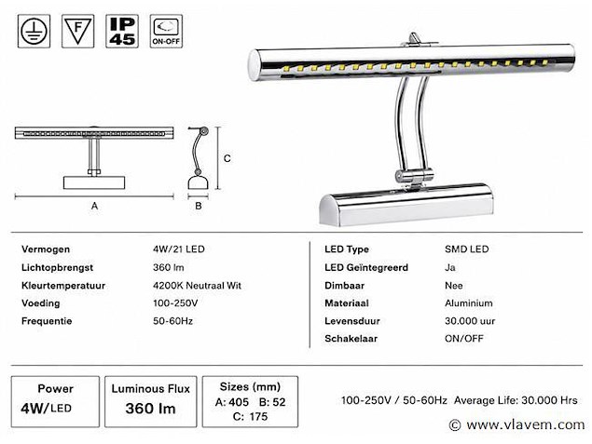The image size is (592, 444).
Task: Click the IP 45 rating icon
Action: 122,32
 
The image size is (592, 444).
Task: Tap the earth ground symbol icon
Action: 34,32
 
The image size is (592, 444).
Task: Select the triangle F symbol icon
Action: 77,32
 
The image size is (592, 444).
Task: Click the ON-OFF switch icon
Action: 166,32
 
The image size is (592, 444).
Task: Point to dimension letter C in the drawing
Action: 227,158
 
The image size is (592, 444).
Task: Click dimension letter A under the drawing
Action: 94,206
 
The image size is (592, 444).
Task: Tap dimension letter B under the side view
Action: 199,206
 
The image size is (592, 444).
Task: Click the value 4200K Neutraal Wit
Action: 197,286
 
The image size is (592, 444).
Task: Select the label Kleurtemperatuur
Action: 63,286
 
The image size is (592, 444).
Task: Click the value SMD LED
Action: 467,249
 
